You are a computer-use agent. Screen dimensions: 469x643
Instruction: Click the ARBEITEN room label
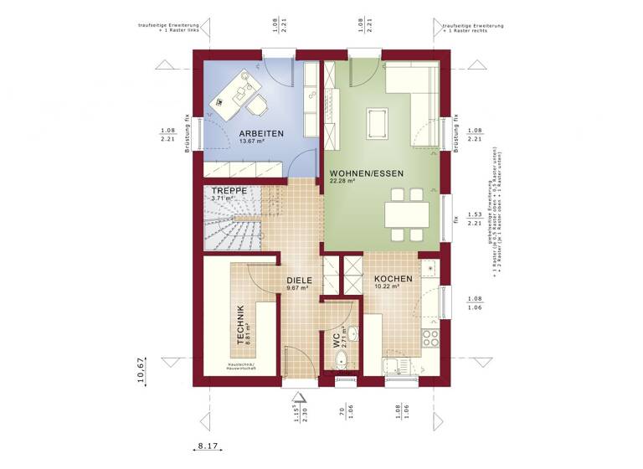point(261,133)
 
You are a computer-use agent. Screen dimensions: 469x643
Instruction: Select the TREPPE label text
point(229,191)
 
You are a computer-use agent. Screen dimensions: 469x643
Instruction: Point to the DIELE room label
point(299,281)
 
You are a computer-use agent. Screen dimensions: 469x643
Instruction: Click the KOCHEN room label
point(393,279)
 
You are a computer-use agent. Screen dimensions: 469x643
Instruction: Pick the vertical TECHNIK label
point(240,326)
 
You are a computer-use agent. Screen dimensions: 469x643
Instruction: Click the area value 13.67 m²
point(251,142)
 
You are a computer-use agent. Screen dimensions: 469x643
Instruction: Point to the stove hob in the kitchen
point(430,338)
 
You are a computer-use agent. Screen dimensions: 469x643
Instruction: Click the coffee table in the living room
point(376,122)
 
